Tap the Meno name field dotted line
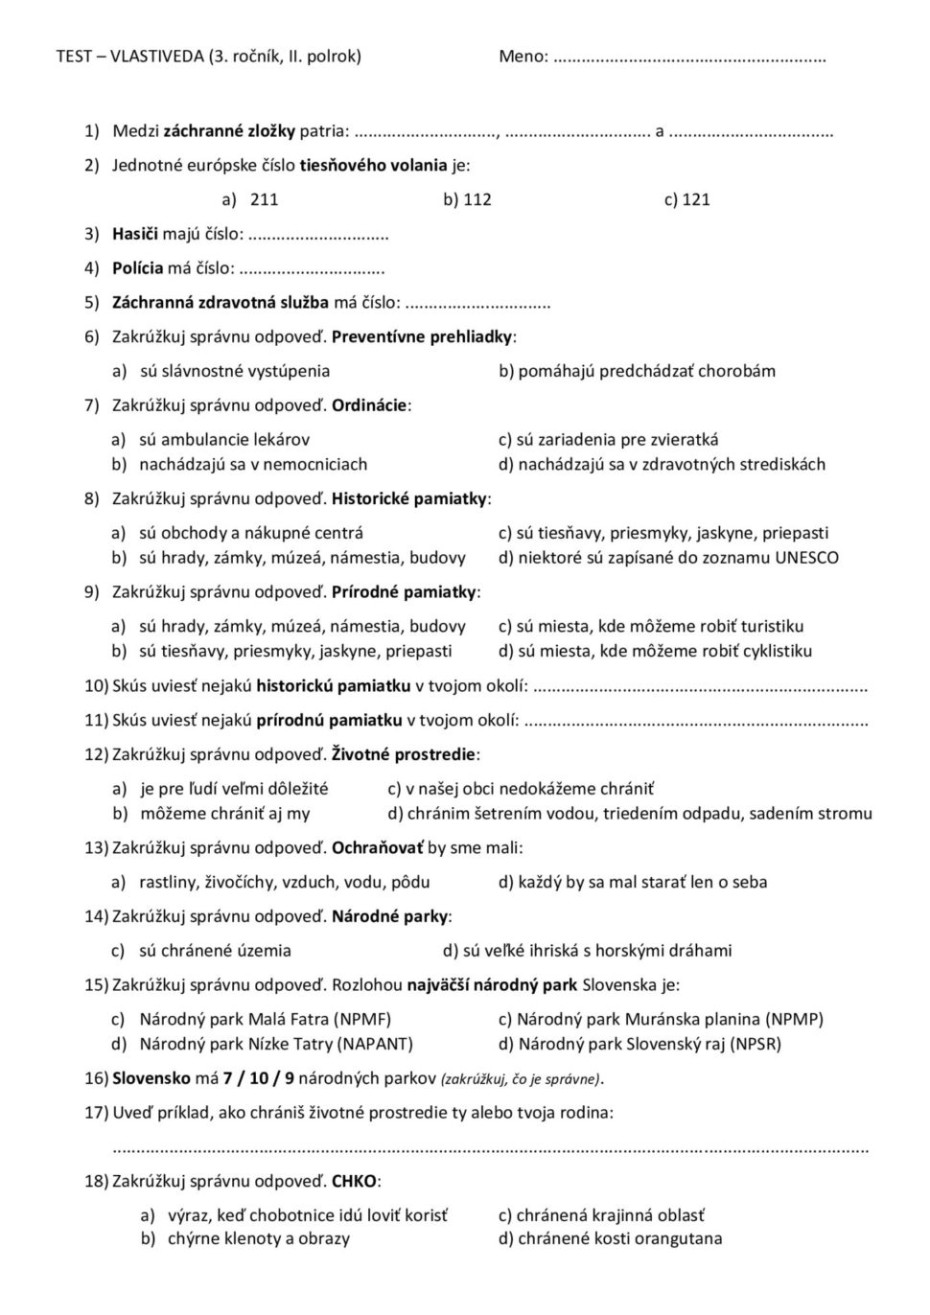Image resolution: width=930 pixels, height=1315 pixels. pos(689,58)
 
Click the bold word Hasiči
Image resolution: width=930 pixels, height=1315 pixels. pos(135,234)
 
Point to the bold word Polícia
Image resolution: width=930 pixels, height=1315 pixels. pos(137,268)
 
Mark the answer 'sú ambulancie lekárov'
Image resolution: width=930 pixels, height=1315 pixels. pos(224,440)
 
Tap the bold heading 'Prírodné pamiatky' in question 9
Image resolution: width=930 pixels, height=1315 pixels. pos(404,592)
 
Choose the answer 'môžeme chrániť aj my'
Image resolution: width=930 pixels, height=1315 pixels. pos(224,814)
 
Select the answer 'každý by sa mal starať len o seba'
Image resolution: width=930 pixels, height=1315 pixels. pos(641,882)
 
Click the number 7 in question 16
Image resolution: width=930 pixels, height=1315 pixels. pos(228,1078)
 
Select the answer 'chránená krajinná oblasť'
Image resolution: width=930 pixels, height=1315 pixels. pos(610,1215)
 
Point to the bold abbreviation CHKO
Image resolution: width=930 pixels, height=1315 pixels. pos(354,1181)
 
